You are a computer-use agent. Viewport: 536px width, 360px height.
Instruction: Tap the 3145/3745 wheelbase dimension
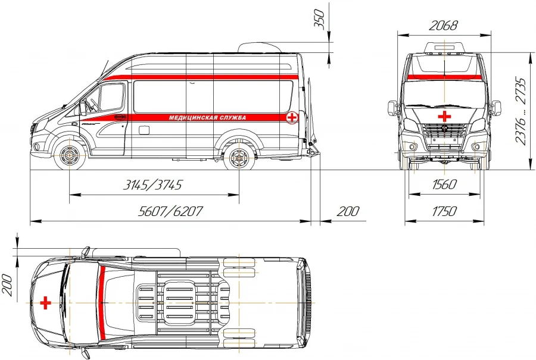(x=152, y=184)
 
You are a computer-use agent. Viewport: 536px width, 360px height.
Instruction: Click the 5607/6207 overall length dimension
(x=170, y=212)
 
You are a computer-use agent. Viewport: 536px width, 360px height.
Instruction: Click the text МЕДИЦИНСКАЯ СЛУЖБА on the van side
(x=207, y=117)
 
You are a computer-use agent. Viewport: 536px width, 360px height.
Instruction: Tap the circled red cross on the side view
(x=292, y=117)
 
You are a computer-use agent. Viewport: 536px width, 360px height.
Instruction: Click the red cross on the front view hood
(x=444, y=115)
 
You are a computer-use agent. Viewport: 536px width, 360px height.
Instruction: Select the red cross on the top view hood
(x=45, y=303)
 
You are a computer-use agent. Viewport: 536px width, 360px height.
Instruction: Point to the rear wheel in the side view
(x=239, y=157)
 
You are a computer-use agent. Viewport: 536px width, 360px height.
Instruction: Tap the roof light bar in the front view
(x=444, y=48)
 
